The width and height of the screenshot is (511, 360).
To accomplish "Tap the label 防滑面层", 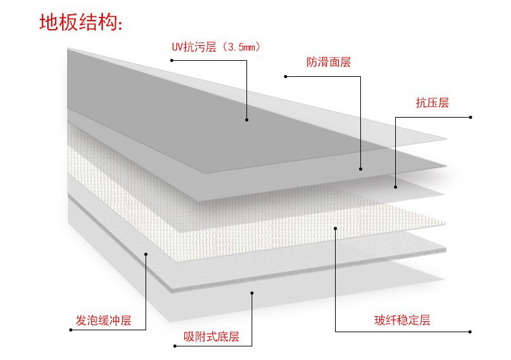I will [x=328, y=63].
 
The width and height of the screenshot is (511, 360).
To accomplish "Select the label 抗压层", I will [x=431, y=103].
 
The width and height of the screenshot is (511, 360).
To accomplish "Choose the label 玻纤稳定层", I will [x=402, y=320].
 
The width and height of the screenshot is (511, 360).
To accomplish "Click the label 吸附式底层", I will [x=212, y=337].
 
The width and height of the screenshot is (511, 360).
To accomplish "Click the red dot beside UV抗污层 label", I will [x=171, y=60].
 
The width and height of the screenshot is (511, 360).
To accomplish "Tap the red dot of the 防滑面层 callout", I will [x=285, y=76].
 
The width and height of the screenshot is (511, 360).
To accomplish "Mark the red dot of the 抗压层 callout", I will [x=470, y=117].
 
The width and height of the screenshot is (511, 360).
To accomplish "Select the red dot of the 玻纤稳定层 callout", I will [x=470, y=331].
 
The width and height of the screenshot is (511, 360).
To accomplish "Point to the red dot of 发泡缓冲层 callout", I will [x=71, y=330].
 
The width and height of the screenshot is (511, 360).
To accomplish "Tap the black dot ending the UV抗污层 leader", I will [x=246, y=119].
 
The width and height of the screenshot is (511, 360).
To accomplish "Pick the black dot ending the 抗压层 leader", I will [x=395, y=187].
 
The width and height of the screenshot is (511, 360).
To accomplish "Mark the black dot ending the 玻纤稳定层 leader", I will [x=335, y=228].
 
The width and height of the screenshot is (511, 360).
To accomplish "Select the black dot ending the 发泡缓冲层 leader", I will [x=146, y=254].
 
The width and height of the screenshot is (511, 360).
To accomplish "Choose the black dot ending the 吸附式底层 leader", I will [x=252, y=293].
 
